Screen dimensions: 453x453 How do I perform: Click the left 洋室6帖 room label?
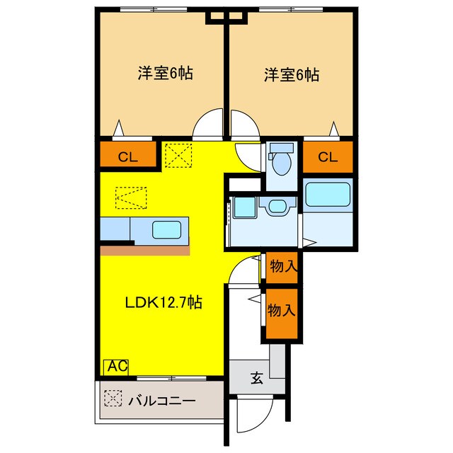[166, 73]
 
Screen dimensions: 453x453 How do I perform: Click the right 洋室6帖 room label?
[291, 73]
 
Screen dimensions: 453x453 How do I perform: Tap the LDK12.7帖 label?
[164, 303]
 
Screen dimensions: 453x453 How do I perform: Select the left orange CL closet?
[128, 157]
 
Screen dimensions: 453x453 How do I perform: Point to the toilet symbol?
[282, 161]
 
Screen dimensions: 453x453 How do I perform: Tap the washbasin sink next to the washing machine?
[275, 207]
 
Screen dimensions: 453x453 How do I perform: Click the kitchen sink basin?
[170, 229]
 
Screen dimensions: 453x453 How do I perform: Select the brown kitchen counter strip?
[145, 249]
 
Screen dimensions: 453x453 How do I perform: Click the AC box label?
[116, 366]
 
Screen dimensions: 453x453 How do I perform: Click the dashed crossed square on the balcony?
[112, 399]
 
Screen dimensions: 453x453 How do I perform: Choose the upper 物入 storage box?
[282, 267]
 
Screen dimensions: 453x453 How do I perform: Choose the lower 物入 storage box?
[282, 309]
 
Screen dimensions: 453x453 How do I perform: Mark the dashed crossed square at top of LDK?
[178, 154]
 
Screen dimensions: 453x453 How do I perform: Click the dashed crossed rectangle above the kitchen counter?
[131, 198]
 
